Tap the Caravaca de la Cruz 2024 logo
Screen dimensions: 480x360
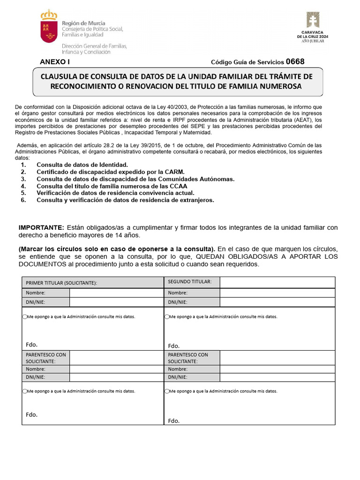coord(313,27)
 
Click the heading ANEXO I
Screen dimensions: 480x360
coord(54,61)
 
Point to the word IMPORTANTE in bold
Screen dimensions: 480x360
coord(41,227)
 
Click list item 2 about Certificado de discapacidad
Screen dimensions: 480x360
coord(111,172)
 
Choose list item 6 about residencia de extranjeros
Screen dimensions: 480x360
coord(125,200)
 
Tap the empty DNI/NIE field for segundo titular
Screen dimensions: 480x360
coord(277,302)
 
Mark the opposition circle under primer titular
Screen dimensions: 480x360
coord(25,317)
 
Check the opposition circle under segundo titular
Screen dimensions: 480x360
coord(167,317)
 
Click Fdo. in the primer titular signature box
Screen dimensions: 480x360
coord(31,345)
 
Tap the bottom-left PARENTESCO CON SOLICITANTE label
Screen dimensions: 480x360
coord(45,358)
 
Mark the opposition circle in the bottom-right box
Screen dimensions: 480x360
coord(167,391)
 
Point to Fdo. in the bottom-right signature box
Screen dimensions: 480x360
coord(173,420)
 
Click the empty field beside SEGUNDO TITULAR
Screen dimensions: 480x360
coord(277,282)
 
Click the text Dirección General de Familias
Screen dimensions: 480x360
coord(94,46)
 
